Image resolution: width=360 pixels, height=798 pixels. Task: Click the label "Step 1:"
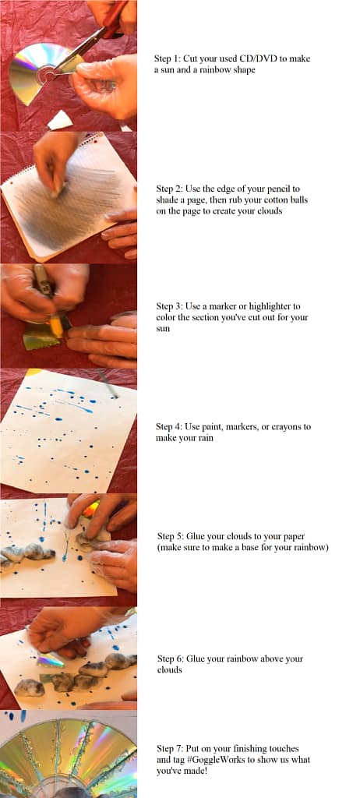(x=167, y=58)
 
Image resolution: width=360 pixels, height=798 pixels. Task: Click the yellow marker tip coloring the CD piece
(x=56, y=327)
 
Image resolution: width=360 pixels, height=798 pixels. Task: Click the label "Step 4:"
(x=169, y=426)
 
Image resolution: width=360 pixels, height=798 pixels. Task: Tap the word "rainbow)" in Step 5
(x=312, y=548)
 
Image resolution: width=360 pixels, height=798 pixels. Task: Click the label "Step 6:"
(x=170, y=659)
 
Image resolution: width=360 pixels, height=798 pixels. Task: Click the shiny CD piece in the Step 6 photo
(x=50, y=660)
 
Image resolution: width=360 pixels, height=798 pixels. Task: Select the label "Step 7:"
(x=170, y=749)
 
